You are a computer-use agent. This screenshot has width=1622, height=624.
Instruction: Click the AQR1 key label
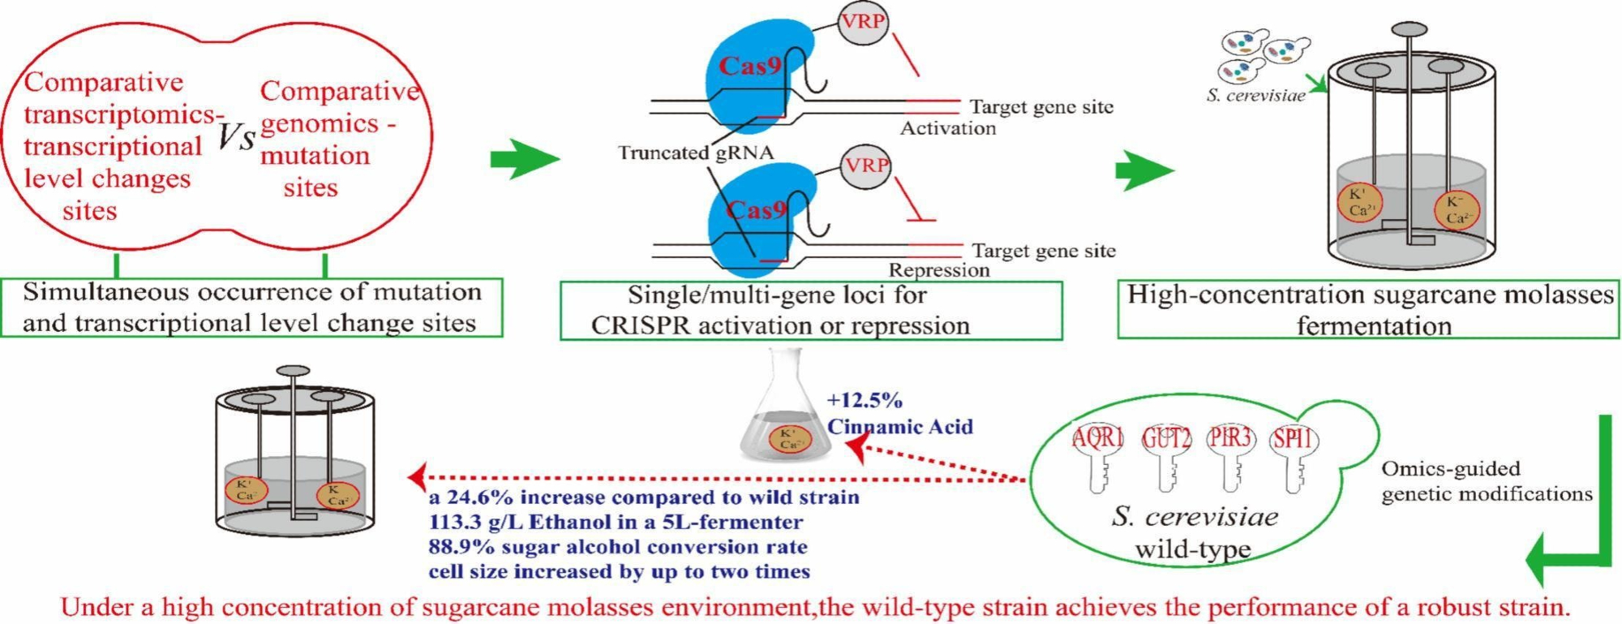pos(1098,439)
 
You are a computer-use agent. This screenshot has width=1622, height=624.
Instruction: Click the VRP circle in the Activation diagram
pos(862,22)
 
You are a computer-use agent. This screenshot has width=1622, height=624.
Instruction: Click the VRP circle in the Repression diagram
pos(866,166)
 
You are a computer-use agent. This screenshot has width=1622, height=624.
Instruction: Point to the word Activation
pos(948,128)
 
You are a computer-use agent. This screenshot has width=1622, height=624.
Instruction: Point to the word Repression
pos(939,270)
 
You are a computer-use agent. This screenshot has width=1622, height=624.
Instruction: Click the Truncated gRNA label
pos(696,153)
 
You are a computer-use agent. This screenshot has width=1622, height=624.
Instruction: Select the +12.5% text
pos(865,401)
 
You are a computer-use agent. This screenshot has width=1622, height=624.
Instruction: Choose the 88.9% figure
pos(456,547)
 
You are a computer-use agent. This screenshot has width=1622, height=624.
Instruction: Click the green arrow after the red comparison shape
pos(524,158)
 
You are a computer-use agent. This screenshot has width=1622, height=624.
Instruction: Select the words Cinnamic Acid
pos(900,427)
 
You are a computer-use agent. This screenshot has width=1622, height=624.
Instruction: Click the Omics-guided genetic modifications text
pos(1486,481)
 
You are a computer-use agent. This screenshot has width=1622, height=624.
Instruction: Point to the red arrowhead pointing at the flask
pos(854,448)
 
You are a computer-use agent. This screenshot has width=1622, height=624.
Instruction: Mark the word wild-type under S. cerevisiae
pos(1192,549)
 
